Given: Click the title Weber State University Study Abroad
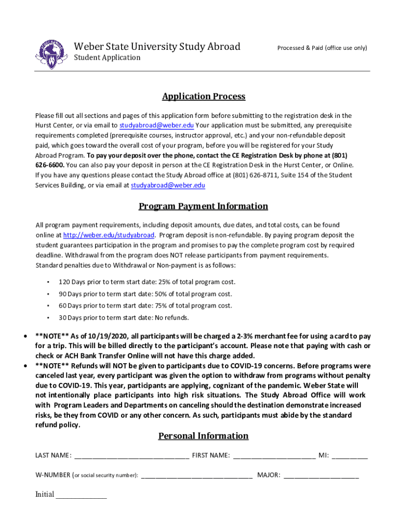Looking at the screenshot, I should [x=157, y=47].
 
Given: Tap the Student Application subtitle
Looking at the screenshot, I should [x=107, y=58].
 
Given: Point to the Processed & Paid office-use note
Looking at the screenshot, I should [x=322, y=48].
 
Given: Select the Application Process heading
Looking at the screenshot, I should [x=204, y=97].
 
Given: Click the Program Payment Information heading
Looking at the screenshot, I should [x=203, y=206].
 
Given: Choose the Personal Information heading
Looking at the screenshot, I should [x=203, y=436].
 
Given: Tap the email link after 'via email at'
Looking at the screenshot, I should [x=168, y=185].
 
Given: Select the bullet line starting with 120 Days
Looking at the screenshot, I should [x=146, y=282].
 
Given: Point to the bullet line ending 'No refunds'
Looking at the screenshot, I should [x=124, y=318].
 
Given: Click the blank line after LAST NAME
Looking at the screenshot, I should [x=132, y=457].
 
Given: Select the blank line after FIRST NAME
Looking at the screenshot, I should [x=274, y=457].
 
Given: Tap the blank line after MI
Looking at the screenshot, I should [x=349, y=457].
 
